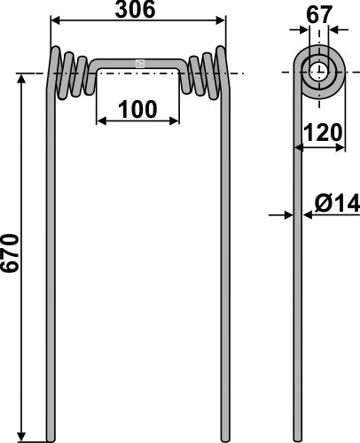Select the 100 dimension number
[139, 110]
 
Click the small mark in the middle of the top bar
[139, 63]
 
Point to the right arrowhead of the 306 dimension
[223, 21]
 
